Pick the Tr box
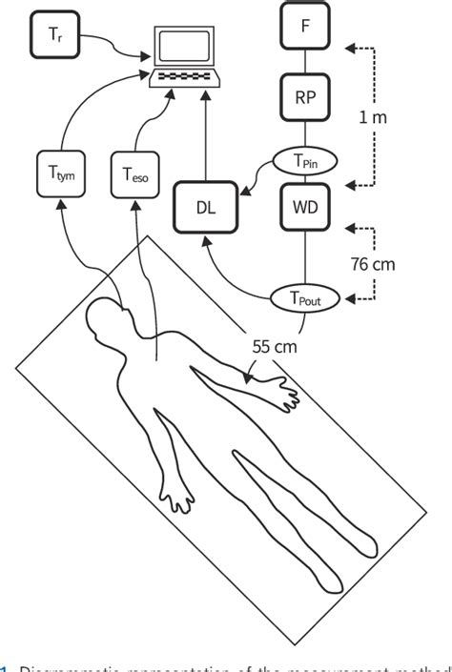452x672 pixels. click(x=53, y=34)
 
